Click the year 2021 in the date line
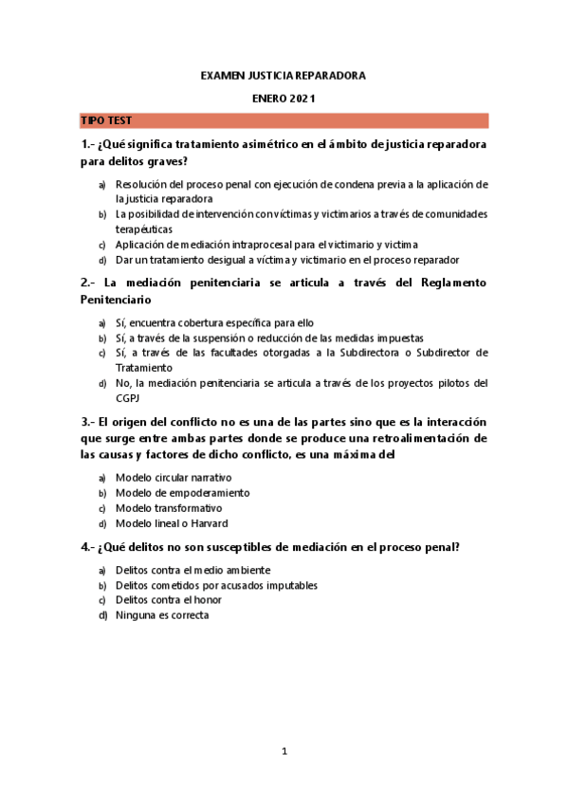(302, 98)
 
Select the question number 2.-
(88, 283)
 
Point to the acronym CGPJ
(128, 398)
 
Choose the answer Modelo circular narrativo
(174, 478)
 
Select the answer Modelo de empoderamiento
(182, 493)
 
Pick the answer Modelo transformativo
(169, 508)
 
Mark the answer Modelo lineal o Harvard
(172, 523)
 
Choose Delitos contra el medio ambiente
(192, 571)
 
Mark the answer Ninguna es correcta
(162, 615)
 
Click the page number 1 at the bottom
(284, 752)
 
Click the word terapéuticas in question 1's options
(144, 229)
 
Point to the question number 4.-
(88, 547)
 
